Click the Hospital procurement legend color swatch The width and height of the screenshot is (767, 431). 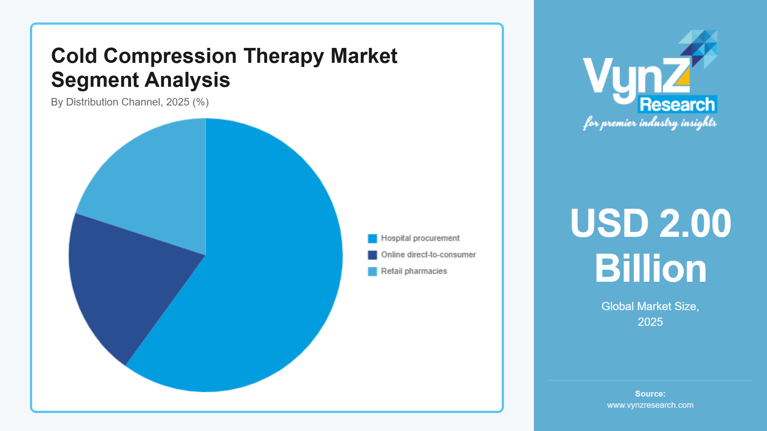[x=372, y=239]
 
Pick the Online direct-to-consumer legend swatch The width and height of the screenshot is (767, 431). [x=372, y=255]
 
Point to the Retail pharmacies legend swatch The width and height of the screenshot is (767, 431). [x=372, y=272]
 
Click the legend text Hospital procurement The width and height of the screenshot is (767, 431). [x=420, y=238]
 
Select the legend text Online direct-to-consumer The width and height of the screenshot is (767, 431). [x=428, y=255]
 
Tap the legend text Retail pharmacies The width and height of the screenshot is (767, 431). [x=414, y=271]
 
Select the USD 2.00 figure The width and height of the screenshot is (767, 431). [x=650, y=223]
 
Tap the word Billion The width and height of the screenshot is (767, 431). [x=650, y=269]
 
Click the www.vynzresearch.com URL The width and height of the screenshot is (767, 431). [x=650, y=405]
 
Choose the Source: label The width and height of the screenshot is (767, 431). [x=650, y=394]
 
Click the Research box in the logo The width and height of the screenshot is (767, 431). [x=677, y=104]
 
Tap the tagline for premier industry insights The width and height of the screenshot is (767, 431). [x=650, y=123]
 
